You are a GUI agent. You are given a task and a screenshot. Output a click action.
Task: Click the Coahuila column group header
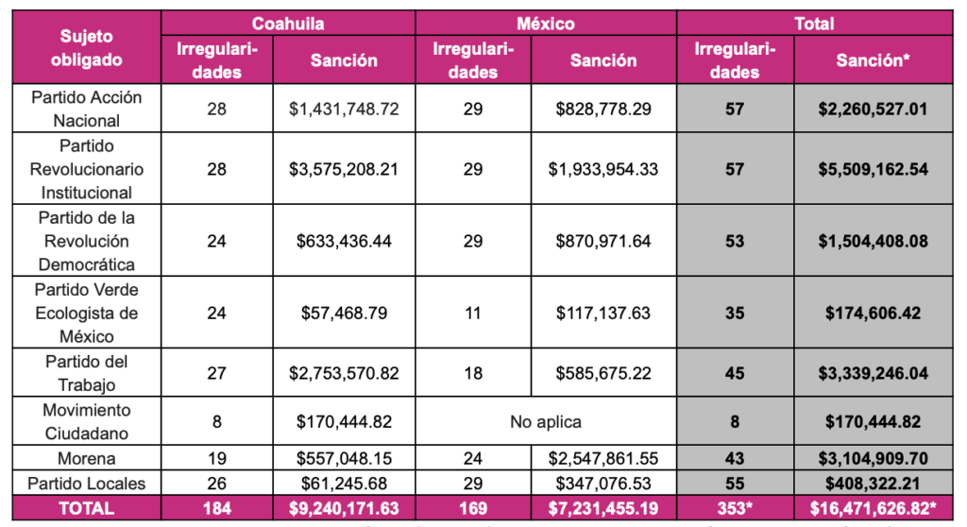(288, 23)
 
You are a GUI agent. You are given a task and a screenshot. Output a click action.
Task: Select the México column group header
(546, 23)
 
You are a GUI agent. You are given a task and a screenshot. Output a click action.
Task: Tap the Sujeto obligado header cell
(86, 48)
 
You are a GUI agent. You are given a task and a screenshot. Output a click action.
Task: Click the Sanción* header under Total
(874, 60)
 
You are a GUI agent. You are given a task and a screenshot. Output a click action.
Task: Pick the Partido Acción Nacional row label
(86, 109)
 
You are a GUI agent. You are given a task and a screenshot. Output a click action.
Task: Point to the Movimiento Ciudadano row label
(86, 421)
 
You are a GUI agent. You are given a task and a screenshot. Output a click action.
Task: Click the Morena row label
(86, 458)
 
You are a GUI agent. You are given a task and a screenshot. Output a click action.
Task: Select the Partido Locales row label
(86, 483)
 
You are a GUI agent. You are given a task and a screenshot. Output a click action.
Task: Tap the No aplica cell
(546, 421)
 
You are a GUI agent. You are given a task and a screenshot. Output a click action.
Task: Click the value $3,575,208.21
(344, 169)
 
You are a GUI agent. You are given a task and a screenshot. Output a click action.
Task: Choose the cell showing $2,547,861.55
(603, 458)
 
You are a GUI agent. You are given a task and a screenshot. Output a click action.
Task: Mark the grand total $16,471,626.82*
(874, 508)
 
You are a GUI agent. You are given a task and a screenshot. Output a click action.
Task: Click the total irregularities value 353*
(734, 508)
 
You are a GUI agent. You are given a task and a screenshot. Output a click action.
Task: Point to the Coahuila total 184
(217, 508)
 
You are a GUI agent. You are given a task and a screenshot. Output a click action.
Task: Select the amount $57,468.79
(344, 313)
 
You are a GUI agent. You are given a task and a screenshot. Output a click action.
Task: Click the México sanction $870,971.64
(603, 241)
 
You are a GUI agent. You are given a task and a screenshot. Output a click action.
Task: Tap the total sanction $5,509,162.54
(874, 169)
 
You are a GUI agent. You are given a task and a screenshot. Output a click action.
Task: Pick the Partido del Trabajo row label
(86, 373)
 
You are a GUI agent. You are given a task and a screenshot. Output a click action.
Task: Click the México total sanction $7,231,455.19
(603, 508)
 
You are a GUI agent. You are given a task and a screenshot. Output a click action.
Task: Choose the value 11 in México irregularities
(472, 313)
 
